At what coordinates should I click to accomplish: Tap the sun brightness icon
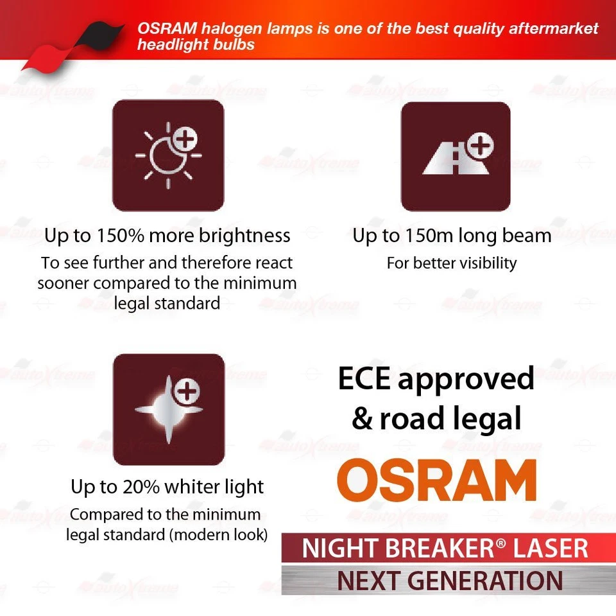[168, 155]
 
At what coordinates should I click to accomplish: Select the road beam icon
[455, 155]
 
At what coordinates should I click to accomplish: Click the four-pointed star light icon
[168, 409]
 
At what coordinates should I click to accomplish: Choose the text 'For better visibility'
[451, 263]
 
